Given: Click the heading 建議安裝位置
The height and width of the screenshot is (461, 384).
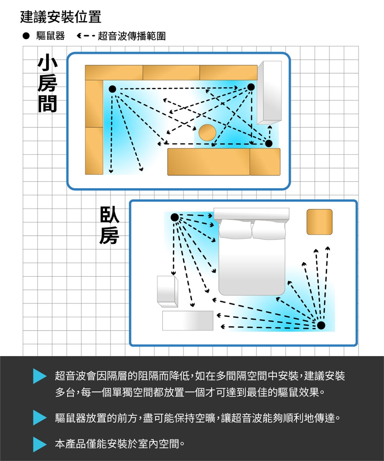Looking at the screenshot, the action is (x=61, y=17).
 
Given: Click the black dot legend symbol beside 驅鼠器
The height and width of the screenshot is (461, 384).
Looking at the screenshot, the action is (x=26, y=36).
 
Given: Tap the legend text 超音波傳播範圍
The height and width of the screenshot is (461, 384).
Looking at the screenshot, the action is (x=132, y=36).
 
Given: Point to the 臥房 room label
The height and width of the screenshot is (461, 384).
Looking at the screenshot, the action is (x=109, y=225).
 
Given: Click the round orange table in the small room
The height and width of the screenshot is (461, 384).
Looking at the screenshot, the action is (x=208, y=132).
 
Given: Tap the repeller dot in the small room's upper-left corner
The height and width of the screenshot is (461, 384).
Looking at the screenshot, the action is (x=112, y=89).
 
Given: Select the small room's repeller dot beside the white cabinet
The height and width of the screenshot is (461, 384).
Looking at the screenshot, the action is (x=251, y=87).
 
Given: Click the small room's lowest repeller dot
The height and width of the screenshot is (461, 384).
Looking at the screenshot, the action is (x=268, y=144).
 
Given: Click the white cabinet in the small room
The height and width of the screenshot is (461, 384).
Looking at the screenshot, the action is (x=270, y=92).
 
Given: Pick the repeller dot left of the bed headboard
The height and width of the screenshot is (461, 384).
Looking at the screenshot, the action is (x=174, y=217).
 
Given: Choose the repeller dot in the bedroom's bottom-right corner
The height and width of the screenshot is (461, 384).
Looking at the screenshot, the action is (x=321, y=325).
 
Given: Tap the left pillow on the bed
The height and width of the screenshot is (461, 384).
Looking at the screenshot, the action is (x=235, y=229).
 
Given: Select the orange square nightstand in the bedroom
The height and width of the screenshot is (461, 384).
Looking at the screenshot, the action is (x=320, y=222).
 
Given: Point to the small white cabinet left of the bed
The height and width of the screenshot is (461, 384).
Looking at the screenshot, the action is (x=168, y=291).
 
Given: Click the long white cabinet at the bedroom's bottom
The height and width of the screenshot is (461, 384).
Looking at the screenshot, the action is (x=188, y=321).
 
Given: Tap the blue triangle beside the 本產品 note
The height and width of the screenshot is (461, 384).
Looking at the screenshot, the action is (x=40, y=444).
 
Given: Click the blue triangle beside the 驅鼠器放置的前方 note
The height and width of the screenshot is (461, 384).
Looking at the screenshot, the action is (x=40, y=417).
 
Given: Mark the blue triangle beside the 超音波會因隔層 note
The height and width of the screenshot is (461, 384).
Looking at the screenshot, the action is (x=40, y=376).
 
